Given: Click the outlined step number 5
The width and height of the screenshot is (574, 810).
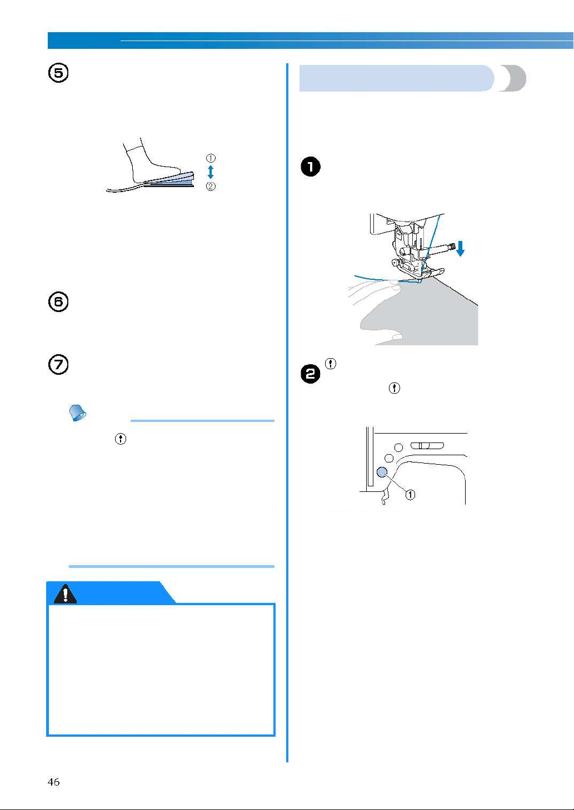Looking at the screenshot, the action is point(58,73).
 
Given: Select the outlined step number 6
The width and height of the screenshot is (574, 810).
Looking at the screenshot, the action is point(58,302).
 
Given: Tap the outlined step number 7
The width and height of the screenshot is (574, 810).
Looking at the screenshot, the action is point(58,365).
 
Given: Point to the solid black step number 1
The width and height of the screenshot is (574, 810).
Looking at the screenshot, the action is point(311,167).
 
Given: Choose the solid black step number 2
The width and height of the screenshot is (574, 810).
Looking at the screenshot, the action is point(311,374).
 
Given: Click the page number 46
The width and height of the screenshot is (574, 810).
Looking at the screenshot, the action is point(53,782).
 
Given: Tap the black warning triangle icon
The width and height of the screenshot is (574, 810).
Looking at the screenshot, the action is point(65,593).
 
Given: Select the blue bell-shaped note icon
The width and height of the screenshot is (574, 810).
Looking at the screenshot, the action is point(77,412).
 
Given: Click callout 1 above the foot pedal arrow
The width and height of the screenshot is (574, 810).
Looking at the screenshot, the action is point(211,158).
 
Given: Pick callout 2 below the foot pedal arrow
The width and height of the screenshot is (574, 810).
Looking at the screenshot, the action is point(211,186).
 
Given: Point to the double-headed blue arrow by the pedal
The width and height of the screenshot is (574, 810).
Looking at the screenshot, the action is point(211,172).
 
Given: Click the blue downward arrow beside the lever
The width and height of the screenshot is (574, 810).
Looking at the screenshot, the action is point(460,249).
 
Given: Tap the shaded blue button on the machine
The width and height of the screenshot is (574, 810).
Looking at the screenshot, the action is point(382,472).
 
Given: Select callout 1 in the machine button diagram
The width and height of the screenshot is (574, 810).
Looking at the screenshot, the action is point(410,494).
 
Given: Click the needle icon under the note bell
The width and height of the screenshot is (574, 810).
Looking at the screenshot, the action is point(121,439).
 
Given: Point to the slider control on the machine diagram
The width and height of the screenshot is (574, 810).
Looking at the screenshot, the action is point(427,445).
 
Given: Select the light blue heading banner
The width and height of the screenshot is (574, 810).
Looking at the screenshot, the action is point(397,78).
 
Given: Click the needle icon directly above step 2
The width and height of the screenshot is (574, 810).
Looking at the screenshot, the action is point(331,364).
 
